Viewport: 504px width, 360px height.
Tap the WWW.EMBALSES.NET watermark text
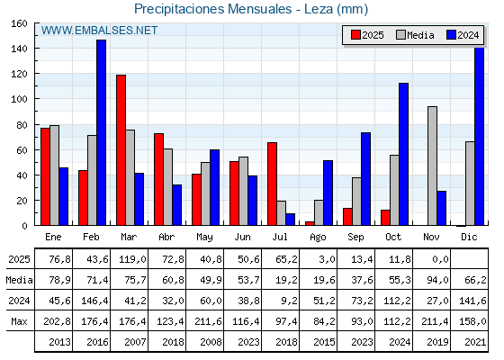[99, 31]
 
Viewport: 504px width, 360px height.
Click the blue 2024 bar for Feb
[101, 132]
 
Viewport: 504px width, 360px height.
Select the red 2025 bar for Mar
[121, 149]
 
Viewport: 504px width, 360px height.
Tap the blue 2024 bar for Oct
[403, 154]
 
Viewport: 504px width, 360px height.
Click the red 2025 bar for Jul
[272, 184]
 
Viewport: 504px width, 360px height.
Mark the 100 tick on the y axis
[19, 99]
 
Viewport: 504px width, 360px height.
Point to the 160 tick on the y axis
[19, 23]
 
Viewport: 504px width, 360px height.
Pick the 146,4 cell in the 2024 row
[92, 301]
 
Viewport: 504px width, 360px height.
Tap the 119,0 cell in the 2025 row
[130, 260]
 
